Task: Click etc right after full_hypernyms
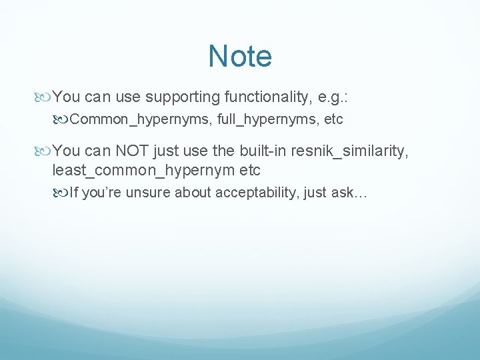(x=333, y=121)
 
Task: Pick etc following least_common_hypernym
(x=245, y=170)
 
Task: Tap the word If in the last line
(x=74, y=193)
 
